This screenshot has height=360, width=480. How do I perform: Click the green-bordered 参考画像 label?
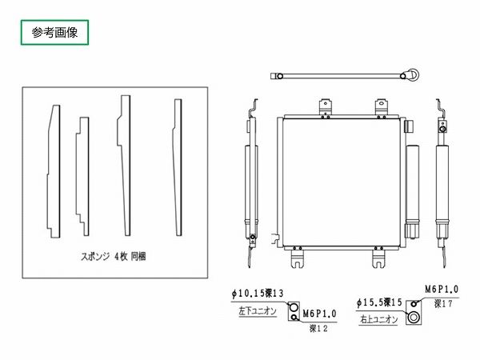pyautogui.click(x=53, y=33)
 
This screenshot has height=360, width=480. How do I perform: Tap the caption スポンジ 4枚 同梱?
pyautogui.click(x=118, y=258)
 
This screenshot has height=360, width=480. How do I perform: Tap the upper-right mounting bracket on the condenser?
pyautogui.click(x=381, y=107)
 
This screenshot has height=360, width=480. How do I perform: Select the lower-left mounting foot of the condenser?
pyautogui.click(x=298, y=258)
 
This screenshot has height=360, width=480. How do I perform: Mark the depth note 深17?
pyautogui.click(x=444, y=304)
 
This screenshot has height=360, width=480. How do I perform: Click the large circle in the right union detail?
pyautogui.click(x=414, y=318)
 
